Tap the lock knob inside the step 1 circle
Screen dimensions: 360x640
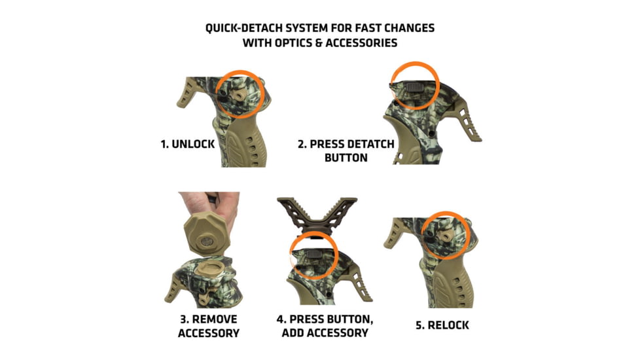pos(236,94)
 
